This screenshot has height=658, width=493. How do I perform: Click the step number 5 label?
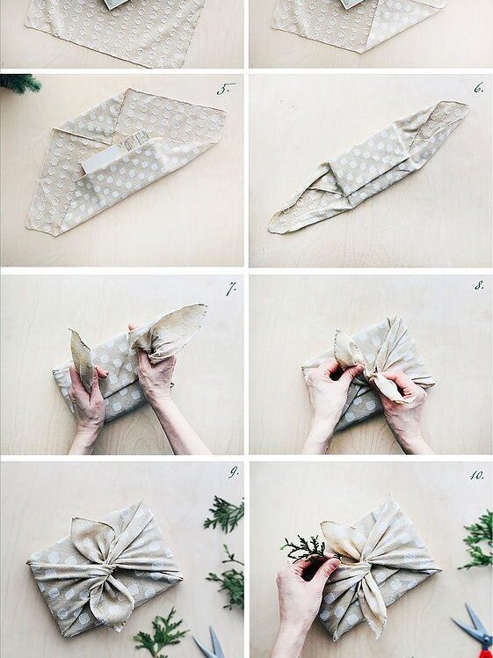(226, 89)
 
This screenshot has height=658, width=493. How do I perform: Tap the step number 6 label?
(478, 88)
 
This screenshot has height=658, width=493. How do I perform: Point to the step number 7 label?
(231, 289)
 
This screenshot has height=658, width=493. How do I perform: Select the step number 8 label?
(479, 286)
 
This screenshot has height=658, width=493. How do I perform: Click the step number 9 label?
(233, 472)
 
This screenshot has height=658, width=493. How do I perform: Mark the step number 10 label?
(476, 475)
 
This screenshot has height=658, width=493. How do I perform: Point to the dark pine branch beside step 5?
(18, 83)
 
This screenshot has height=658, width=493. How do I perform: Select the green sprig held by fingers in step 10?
(305, 548)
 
